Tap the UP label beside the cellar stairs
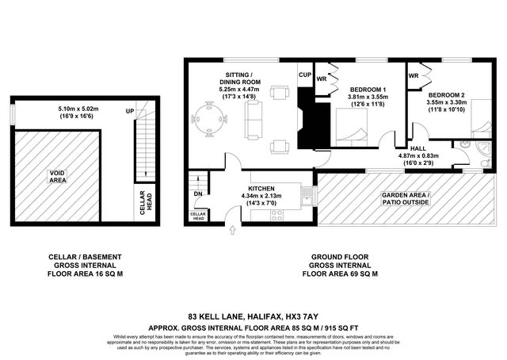pos(128,112)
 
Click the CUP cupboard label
pos(305,75)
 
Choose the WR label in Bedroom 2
pos(414,76)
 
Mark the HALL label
pos(418,147)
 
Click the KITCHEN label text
pos(261,178)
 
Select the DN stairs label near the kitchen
pos(198,193)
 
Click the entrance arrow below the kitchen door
pos(232,232)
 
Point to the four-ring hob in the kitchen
pos(304,191)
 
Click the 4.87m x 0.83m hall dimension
pos(419,155)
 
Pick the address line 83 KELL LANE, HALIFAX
pos(253,315)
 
